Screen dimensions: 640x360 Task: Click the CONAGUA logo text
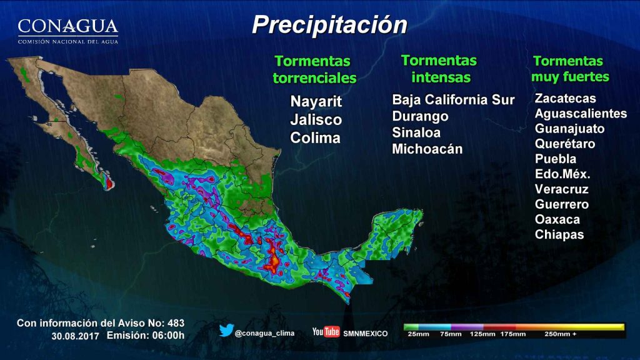[x=67, y=27]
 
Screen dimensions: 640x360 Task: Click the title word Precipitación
[x=329, y=25]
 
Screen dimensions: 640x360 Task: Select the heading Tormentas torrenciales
[x=314, y=69]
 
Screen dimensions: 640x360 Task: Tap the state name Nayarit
[x=316, y=101]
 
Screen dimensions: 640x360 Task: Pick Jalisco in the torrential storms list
[x=316, y=119]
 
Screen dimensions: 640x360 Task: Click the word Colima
[x=315, y=137]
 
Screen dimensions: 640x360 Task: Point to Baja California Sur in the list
[x=453, y=100]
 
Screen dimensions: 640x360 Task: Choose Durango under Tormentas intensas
[x=420, y=116]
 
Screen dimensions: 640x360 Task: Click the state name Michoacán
[x=427, y=149]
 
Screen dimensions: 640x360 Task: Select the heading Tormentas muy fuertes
[x=570, y=69]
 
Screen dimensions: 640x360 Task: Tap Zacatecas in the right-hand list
[x=565, y=98]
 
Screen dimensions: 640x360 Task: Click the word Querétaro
[x=565, y=144]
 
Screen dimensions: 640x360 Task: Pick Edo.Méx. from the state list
[x=562, y=174]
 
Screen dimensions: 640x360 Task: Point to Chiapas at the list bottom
[x=559, y=234]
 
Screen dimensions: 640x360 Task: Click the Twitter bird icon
[x=226, y=330]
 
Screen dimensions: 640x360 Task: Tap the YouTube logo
[x=326, y=332]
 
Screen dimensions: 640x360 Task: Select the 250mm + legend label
[x=560, y=334]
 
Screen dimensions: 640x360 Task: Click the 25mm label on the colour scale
[x=418, y=334]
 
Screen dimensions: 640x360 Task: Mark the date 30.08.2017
[x=75, y=336]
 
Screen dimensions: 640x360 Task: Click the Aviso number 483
[x=176, y=323]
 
